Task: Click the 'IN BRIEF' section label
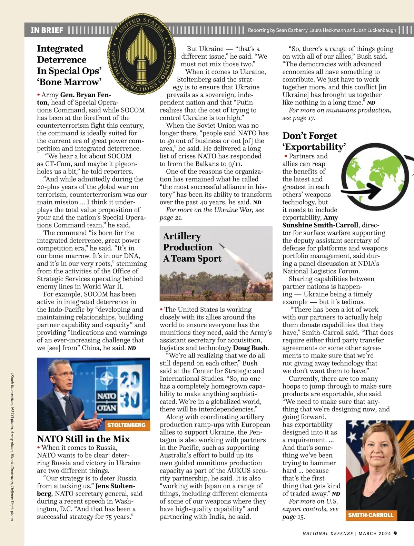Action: point(47,30)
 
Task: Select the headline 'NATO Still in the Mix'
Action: point(83,439)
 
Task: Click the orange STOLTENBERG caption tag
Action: point(126,425)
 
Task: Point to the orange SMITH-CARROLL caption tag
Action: point(371,515)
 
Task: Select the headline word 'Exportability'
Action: point(314,147)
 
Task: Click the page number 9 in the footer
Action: point(395,533)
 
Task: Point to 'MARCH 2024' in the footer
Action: point(375,534)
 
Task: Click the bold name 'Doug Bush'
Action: point(250,348)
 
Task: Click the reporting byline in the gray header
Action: point(322,30)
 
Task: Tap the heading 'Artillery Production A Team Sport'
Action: point(192,247)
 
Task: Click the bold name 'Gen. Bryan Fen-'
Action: point(86,95)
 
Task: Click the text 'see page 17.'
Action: point(299,118)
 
